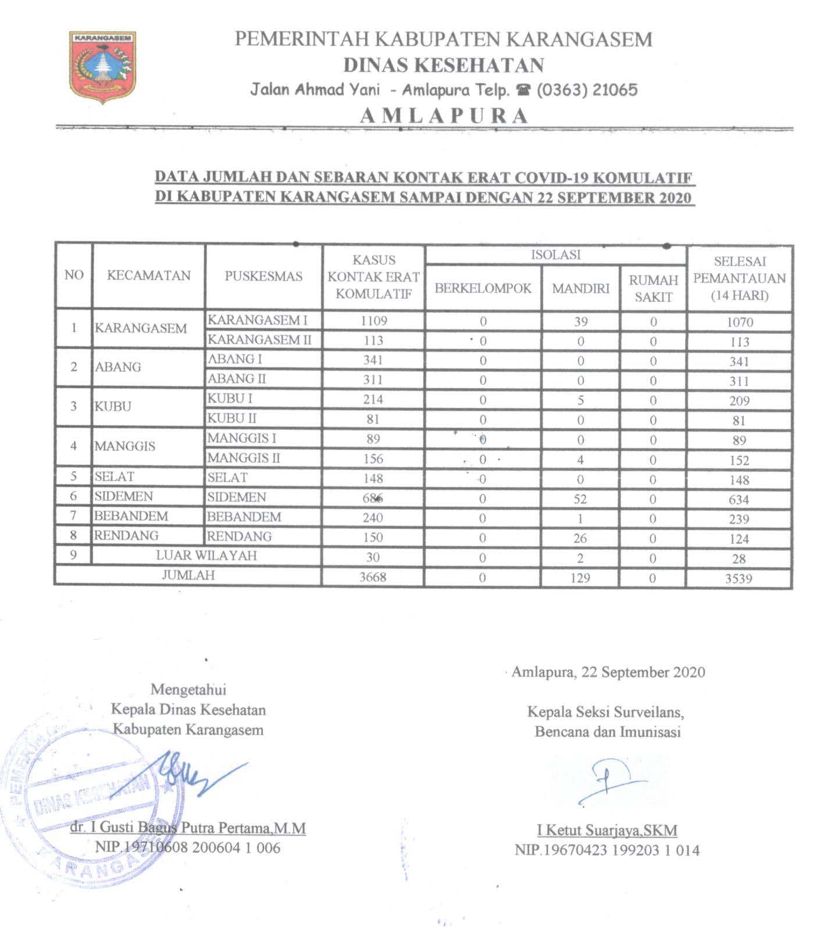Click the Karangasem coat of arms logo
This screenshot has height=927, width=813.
103,66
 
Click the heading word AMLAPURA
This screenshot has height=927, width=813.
444,116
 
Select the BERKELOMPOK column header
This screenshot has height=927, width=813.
483,288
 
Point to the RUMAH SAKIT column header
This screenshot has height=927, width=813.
654,288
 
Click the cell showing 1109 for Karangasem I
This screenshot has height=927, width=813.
373,321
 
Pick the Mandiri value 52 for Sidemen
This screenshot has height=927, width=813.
580,499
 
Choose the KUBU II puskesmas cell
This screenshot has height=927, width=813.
232,418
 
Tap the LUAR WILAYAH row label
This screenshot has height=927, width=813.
206,556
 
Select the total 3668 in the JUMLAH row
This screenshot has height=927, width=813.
373,578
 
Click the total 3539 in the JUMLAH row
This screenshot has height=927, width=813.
739,578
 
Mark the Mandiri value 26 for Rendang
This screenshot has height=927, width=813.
580,538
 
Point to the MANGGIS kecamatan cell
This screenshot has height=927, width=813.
125,446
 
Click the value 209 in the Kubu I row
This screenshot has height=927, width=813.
739,401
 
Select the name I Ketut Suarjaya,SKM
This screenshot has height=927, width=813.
607,831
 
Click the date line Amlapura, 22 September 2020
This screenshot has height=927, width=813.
608,672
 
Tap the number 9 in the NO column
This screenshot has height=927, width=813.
73,555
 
